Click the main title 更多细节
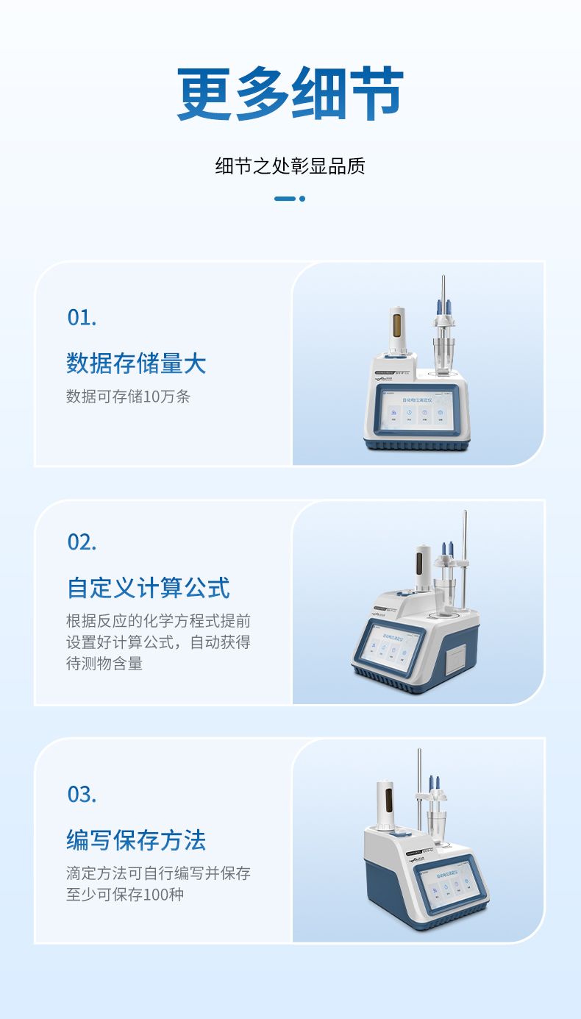point(290,94)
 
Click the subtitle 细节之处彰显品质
point(290,166)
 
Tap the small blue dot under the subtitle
point(302,198)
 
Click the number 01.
point(82,318)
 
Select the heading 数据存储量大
point(136,363)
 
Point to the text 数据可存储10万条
point(128,397)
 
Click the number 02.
point(82,542)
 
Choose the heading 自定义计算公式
point(148,588)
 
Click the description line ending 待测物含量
point(104,664)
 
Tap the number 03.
point(82,795)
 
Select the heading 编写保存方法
point(136,840)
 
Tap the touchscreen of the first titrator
point(416,414)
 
